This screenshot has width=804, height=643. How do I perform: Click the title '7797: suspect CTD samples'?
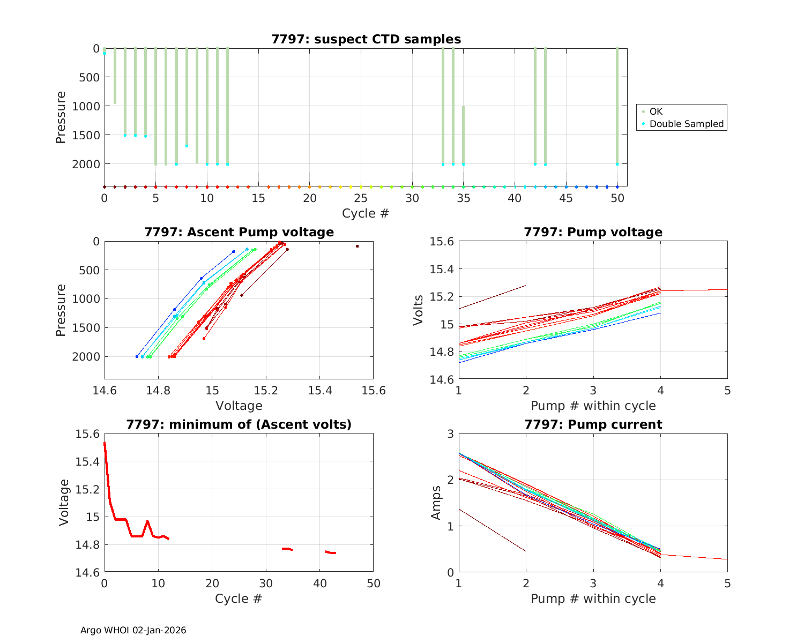(366, 39)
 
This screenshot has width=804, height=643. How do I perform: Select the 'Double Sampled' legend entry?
(686, 124)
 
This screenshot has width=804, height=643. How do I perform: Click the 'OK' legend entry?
(656, 111)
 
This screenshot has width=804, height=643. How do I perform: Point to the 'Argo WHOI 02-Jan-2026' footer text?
(133, 630)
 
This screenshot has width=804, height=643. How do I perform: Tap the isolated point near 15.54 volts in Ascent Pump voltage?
(357, 246)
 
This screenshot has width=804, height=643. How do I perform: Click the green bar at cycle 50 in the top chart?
(617, 107)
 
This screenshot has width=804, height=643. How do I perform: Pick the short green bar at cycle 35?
(463, 134)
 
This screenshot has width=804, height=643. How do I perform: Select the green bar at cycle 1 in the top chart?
(115, 75)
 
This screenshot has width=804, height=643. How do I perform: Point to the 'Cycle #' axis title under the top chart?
(366, 213)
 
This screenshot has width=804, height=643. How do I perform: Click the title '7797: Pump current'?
(593, 424)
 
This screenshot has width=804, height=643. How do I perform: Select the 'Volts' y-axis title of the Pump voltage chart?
(419, 310)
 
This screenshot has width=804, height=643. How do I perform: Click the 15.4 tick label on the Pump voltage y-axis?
(442, 269)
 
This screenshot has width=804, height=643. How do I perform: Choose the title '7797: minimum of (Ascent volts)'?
(239, 424)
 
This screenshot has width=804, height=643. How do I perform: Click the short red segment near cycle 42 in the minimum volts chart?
(331, 552)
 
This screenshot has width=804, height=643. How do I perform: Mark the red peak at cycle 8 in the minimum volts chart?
(147, 521)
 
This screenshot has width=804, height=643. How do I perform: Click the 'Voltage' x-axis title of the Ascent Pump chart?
(239, 406)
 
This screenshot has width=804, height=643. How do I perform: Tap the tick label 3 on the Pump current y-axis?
(449, 434)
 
